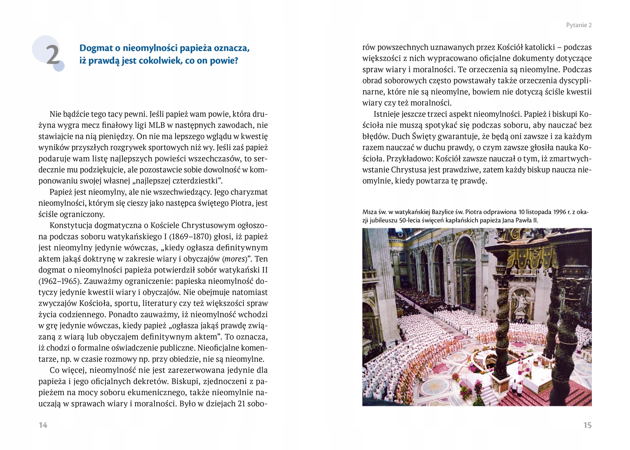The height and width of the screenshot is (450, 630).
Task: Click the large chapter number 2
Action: [53, 55]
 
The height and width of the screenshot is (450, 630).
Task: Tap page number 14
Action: [43, 425]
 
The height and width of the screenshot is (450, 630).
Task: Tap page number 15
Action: [587, 425]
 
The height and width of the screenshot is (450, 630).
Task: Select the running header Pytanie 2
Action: [578, 25]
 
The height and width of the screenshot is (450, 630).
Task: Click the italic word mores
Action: [234, 259]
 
